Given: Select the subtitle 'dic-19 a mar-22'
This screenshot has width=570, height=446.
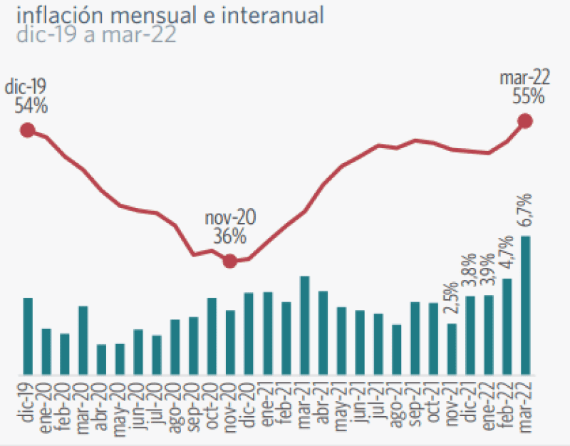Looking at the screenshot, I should coord(95,35).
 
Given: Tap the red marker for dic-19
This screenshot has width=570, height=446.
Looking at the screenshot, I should coord(27,130).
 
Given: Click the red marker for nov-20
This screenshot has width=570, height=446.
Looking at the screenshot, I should coord(229,261).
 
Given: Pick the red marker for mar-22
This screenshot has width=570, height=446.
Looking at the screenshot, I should coord(525,121).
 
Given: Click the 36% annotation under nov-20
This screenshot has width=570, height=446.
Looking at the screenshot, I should coord(229,237).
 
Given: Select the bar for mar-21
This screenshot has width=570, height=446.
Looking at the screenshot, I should coord(304,325).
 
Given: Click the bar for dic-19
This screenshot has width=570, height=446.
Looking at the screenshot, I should coord(28,336).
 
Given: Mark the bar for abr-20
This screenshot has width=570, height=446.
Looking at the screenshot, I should coord(101,359).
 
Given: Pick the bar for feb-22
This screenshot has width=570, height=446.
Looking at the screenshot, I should coord(507,326).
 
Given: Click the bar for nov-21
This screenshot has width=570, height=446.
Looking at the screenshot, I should coord(452,349).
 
